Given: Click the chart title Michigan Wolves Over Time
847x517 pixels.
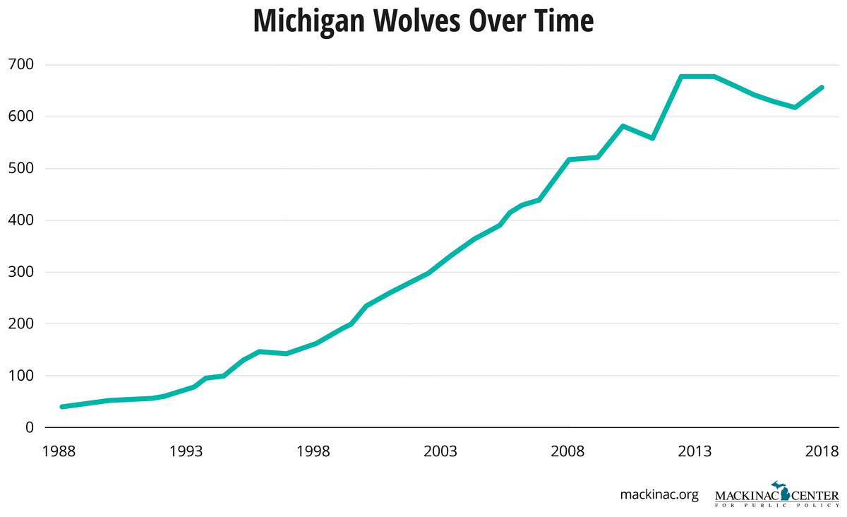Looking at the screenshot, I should (x=423, y=21).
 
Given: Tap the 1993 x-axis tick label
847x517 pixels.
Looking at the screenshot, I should (x=187, y=451).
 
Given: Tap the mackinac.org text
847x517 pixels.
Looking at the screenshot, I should (x=659, y=494).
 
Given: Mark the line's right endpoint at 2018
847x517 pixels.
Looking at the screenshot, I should (x=822, y=88).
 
